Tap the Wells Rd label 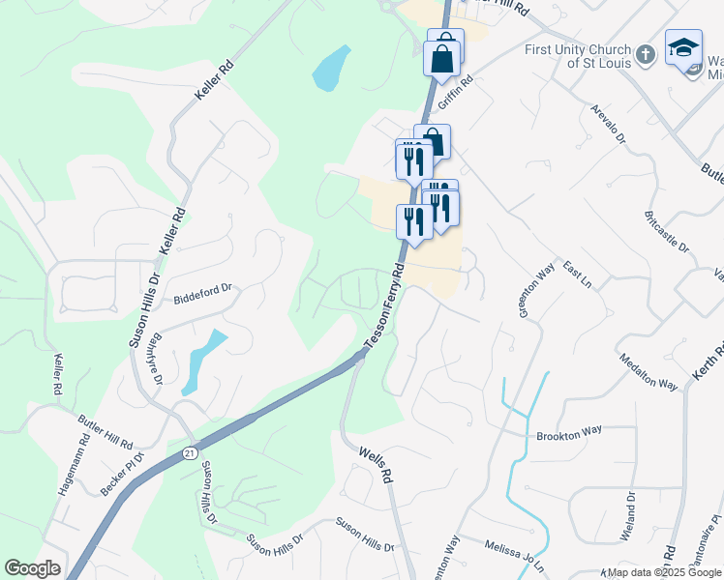(x=376, y=464)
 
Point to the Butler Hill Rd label (x=106, y=431)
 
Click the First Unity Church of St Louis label (x=578, y=56)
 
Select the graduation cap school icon (x=683, y=47)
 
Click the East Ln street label (x=577, y=276)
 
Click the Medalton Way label (x=649, y=370)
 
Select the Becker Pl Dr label (x=123, y=474)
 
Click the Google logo (x=32, y=568)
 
